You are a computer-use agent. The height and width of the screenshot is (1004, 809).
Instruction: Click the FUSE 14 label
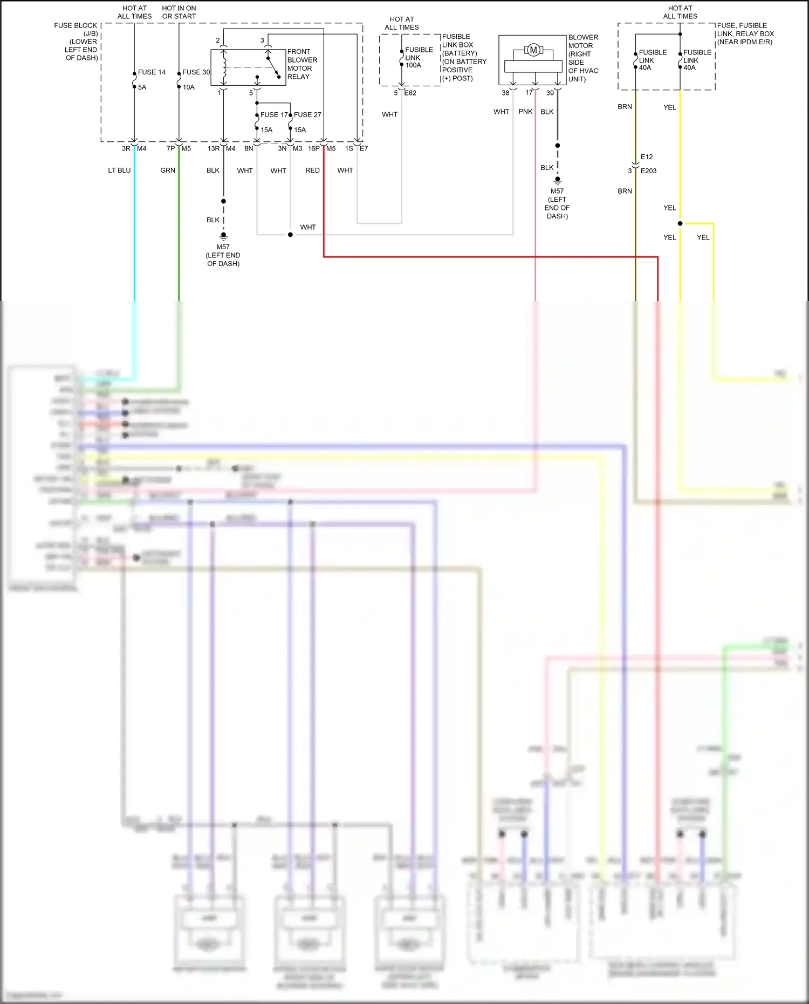coord(152,72)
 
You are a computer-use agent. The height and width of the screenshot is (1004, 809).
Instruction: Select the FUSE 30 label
coord(196,72)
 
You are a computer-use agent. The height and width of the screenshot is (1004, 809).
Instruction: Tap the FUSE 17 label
coord(273,114)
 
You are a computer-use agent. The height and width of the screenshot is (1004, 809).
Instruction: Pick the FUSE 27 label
coord(307,114)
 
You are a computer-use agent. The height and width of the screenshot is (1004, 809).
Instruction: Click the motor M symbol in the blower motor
coord(533,50)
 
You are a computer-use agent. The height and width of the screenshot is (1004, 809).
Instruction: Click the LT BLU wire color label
coord(119,170)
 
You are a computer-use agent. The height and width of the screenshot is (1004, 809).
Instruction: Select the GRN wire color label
coord(168,170)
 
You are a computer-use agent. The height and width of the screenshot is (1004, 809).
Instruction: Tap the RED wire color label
coord(312,170)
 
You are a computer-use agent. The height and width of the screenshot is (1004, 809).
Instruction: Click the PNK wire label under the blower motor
coord(525,112)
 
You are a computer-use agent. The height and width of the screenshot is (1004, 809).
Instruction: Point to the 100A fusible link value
coord(413,65)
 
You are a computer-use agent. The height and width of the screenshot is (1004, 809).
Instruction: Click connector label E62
coord(410,93)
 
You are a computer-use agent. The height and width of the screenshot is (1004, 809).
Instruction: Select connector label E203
coord(648,170)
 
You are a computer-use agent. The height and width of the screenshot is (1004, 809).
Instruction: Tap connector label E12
coord(647,157)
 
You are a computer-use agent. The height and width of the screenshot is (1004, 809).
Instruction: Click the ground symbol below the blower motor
coord(558,180)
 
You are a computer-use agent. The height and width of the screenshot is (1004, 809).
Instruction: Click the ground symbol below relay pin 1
coord(223,236)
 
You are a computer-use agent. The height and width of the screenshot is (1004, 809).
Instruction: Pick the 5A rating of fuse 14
coord(142,87)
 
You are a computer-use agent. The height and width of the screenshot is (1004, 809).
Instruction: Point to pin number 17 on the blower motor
coord(529,92)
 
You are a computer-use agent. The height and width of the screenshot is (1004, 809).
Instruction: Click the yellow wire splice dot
coord(680,223)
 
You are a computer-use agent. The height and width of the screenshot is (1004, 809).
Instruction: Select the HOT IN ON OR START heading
coord(179,12)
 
